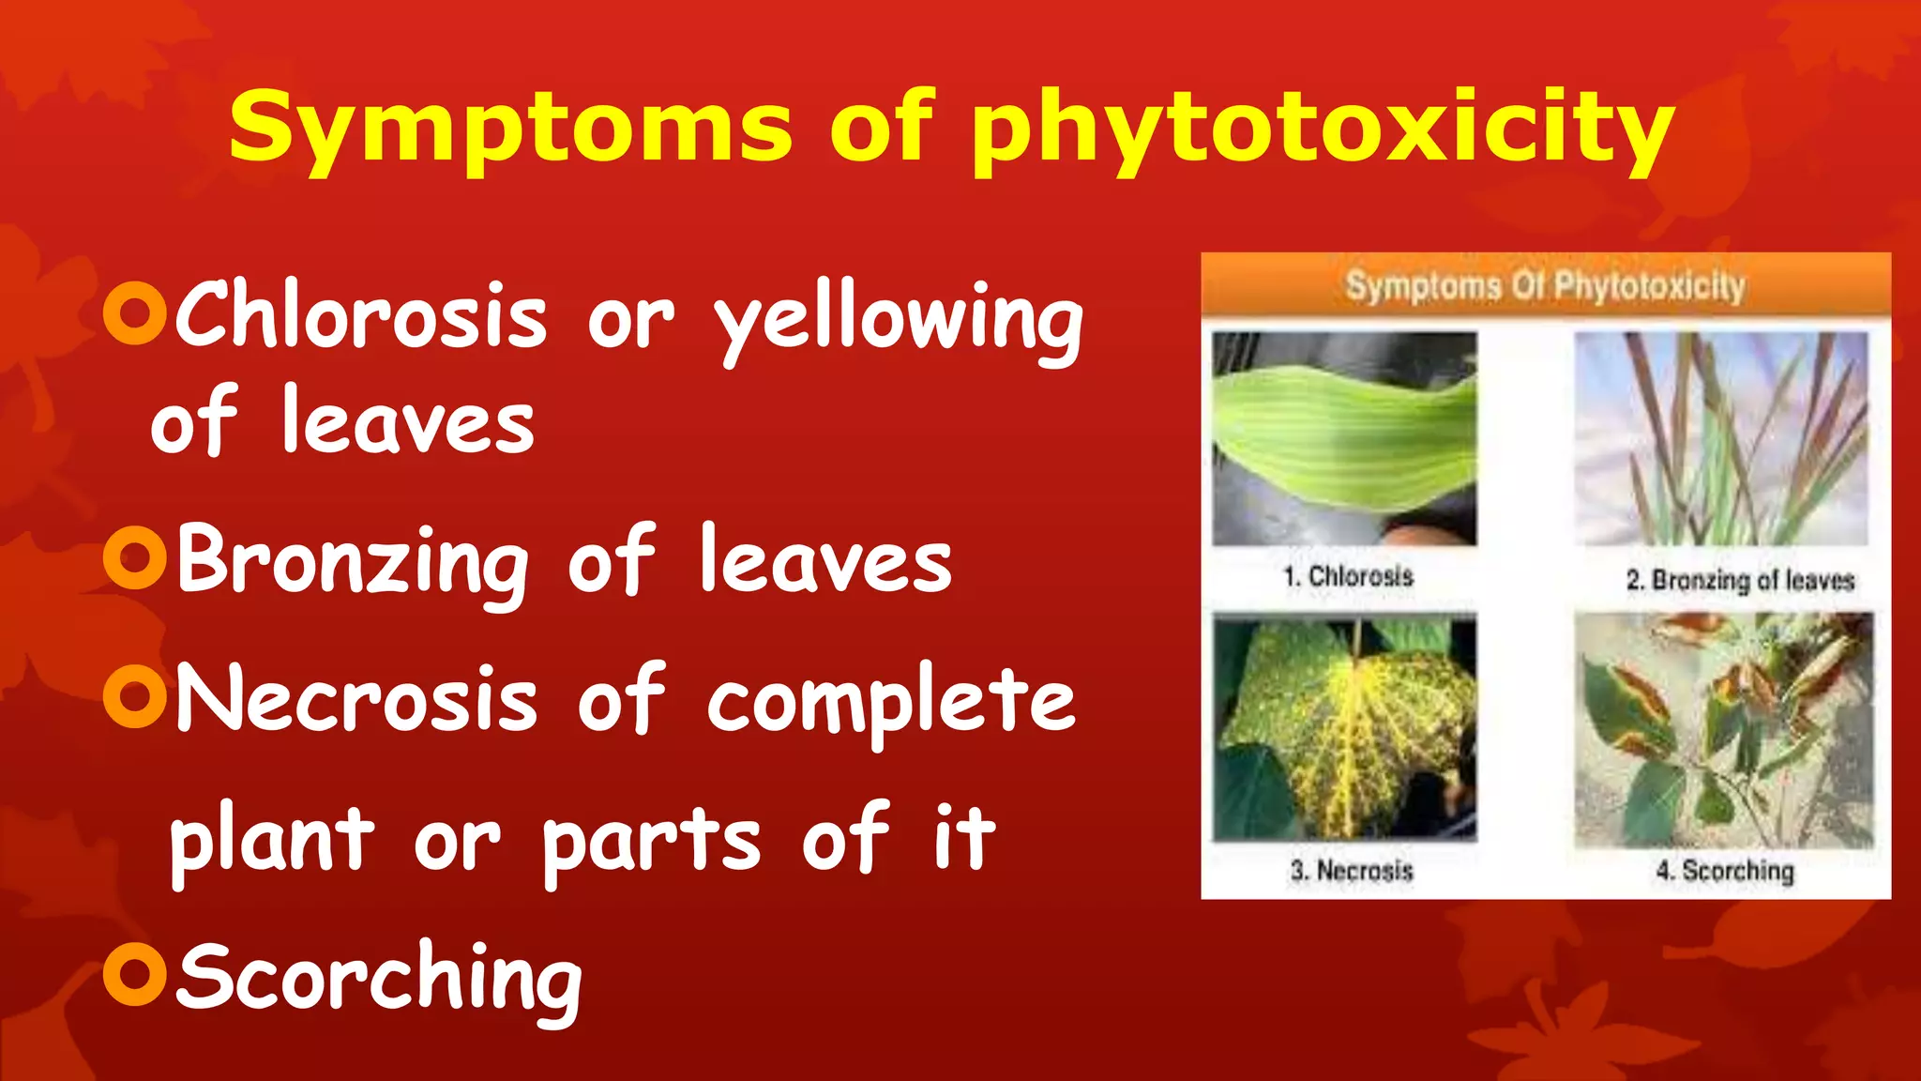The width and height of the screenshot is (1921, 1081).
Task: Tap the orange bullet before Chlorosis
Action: (x=135, y=313)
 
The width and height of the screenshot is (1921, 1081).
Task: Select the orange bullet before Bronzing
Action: (x=135, y=558)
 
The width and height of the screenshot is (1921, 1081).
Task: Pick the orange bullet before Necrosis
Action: (x=135, y=696)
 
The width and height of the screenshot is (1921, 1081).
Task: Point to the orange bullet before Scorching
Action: (x=135, y=975)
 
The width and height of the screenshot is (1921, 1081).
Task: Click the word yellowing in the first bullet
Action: (x=899, y=319)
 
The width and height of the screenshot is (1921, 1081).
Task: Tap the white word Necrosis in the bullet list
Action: (x=357, y=699)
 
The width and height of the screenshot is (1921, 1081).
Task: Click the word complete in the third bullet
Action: (x=891, y=702)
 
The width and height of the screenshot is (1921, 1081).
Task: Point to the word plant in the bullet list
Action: (x=272, y=838)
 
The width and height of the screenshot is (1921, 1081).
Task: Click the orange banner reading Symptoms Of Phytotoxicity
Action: (x=1545, y=285)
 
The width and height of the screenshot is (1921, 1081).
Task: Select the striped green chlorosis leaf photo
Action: (x=1344, y=438)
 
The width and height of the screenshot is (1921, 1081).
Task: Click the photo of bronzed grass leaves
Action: (x=1720, y=438)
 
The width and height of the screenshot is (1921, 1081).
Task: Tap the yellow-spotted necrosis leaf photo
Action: (x=1344, y=727)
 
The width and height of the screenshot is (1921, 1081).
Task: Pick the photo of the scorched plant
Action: (x=1723, y=730)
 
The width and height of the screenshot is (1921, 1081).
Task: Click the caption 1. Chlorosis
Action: (x=1348, y=576)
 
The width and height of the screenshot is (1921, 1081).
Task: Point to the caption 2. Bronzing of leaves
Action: (x=1740, y=580)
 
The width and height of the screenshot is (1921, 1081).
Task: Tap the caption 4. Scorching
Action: (x=1724, y=871)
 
